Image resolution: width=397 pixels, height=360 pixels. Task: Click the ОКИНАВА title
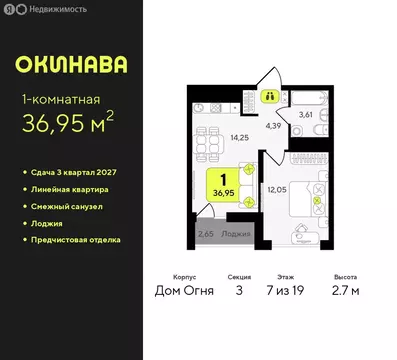click(71, 66)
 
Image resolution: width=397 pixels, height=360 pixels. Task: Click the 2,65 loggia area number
click(205, 233)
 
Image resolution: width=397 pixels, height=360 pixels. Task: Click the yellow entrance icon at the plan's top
click(271, 97)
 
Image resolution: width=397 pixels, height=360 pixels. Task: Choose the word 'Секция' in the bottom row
click(237, 280)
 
